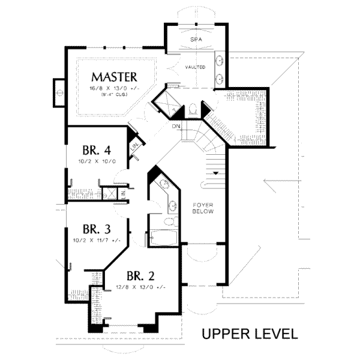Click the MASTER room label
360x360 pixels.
click(114, 77)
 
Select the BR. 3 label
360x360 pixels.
click(97, 229)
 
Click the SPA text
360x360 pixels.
click(194, 39)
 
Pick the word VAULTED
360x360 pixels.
click(196, 67)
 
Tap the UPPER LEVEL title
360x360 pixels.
click(248, 333)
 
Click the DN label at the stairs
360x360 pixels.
click(176, 127)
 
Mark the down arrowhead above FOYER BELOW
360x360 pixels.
click(214, 173)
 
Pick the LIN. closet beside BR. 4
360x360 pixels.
click(136, 146)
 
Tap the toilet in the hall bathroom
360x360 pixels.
click(170, 222)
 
